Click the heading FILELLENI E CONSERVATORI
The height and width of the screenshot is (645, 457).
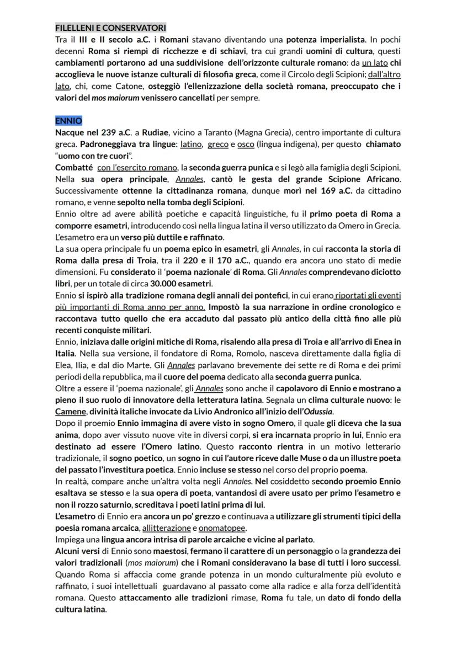(110, 28)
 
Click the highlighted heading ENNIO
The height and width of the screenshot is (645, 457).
(68, 121)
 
